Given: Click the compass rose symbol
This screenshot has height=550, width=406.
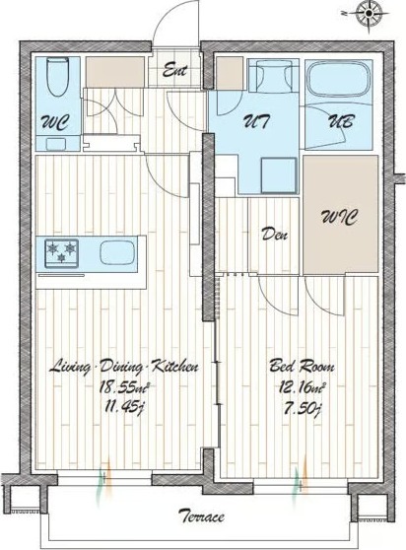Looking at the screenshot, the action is tap(369, 14).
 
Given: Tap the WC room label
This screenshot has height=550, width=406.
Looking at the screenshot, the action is tap(55, 123).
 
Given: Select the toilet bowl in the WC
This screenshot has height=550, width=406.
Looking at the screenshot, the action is tap(58, 77).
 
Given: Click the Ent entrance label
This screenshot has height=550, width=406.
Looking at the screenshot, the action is tap(174, 70).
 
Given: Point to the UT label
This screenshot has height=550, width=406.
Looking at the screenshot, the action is tap(256, 121).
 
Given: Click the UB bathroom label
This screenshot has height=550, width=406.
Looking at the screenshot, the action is tap(340, 121).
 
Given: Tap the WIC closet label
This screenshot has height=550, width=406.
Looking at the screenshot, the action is tap(339, 217).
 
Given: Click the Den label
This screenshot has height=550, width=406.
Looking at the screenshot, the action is tap(275, 234).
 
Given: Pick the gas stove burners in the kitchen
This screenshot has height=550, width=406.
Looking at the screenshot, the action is tap(61, 252).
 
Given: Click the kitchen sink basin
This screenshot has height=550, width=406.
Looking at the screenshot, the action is tap(117, 252).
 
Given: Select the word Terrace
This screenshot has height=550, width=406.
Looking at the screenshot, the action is tap(201, 516).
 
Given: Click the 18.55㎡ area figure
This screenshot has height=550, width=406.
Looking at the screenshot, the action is tap(124, 387).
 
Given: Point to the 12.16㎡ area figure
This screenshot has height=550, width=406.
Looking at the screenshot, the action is tap(302, 387).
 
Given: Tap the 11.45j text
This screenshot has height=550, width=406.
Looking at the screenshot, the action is tap(124, 408).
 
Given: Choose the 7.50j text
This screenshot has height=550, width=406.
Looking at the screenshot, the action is tap(302, 408).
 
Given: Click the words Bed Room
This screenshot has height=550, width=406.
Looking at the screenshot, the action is tap(302, 367).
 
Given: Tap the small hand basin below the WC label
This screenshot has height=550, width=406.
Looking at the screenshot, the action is tap(56, 144).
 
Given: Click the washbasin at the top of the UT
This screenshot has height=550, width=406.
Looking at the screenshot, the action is tap(274, 76).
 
